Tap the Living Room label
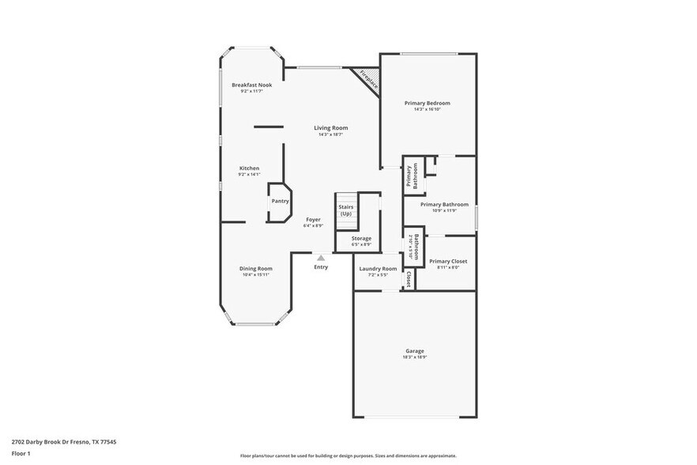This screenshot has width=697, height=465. point(330,127)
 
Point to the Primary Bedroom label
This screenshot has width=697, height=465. point(427,103)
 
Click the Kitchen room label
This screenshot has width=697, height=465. point(249,168)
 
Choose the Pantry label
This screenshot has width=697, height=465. point(280,201)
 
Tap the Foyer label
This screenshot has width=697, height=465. point(313,219)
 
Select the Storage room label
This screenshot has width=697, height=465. point(361,238)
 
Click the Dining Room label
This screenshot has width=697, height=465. point(256,268)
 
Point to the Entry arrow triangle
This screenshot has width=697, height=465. point(321,257)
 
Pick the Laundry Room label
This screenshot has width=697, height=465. point(378,269)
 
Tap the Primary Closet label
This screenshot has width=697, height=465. point(448,261)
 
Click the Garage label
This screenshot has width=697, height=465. point(415,350)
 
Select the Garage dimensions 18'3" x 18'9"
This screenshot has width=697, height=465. point(415,357)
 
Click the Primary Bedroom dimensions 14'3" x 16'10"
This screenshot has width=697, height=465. point(427,109)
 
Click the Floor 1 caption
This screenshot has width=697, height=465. point(21,453)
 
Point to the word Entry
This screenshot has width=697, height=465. point(321,267)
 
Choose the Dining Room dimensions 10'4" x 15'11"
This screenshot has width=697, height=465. point(256,274)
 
